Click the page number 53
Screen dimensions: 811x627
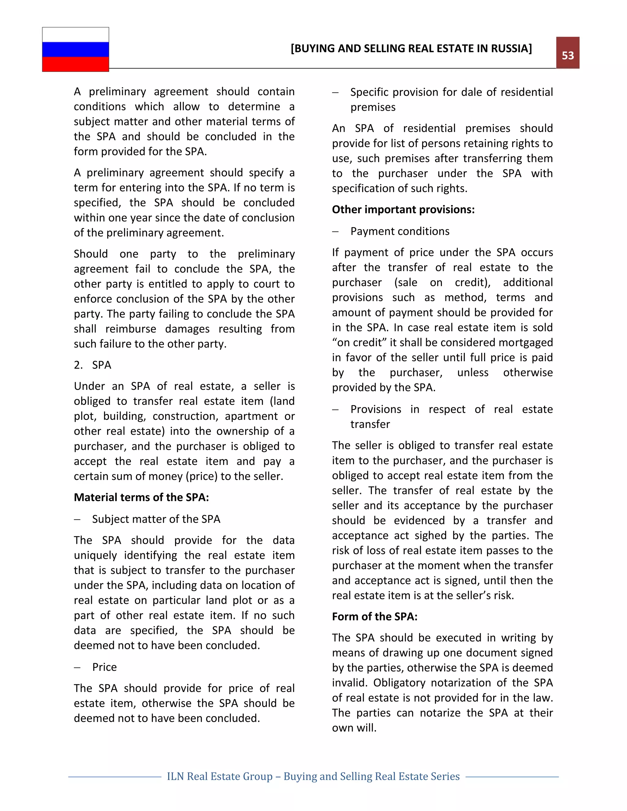click(567, 55)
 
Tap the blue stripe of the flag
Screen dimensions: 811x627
click(75, 49)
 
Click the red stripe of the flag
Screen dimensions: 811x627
click(75, 64)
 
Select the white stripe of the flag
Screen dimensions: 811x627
click(75, 35)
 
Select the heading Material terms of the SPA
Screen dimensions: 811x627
click(141, 497)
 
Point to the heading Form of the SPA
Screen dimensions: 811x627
click(374, 616)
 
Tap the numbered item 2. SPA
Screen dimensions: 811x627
click(92, 365)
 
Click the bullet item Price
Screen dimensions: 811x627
click(104, 667)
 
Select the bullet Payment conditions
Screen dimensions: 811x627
click(400, 231)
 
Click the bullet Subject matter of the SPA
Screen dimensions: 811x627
click(156, 519)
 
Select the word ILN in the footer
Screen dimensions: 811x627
click(176, 776)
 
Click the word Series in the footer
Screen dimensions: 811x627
click(445, 776)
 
